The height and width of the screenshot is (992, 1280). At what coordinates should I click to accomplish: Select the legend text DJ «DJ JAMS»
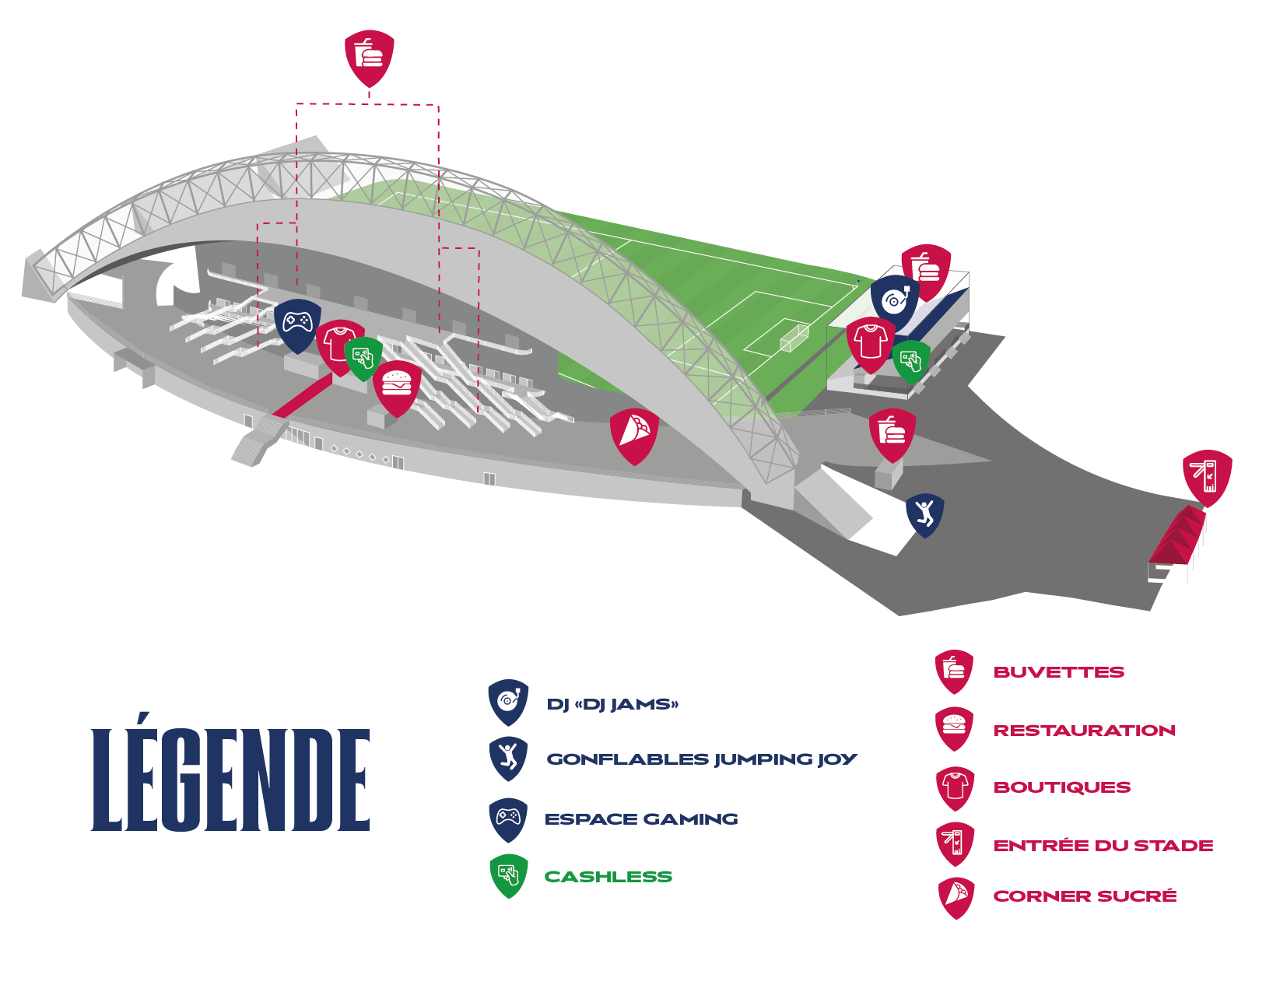click(x=612, y=705)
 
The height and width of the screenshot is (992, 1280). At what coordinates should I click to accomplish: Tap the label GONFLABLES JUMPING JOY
click(x=701, y=759)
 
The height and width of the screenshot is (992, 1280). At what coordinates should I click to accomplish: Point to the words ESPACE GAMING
click(x=641, y=819)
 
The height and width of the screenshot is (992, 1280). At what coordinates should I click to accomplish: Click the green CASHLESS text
click(x=608, y=877)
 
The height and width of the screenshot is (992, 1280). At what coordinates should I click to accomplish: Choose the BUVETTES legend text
click(x=1058, y=672)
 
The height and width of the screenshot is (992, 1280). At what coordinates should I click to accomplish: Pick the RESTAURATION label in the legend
click(x=1084, y=731)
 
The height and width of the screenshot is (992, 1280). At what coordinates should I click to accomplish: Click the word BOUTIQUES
click(x=1061, y=787)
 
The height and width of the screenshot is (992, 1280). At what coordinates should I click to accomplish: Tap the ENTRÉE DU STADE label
click(x=1103, y=846)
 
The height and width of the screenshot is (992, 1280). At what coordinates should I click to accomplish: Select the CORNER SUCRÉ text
click(x=1085, y=896)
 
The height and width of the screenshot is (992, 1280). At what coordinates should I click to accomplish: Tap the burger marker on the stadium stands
click(x=397, y=385)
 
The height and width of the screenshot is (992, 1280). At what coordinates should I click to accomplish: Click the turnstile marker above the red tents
click(x=1207, y=475)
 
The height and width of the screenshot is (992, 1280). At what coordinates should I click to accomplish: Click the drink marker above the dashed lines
click(x=369, y=56)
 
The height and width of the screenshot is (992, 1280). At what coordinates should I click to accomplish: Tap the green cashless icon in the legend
click(x=509, y=875)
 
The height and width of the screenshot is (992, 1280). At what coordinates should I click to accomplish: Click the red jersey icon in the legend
click(x=956, y=787)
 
